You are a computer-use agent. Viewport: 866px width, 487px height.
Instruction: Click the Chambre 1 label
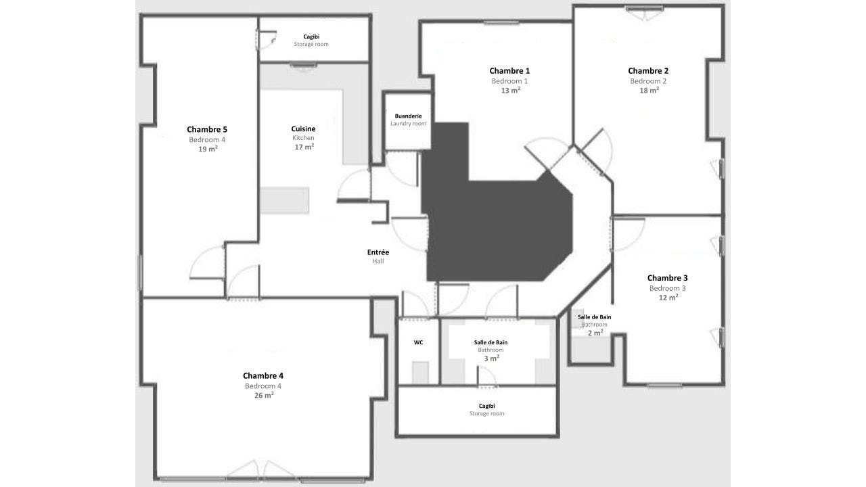coord(509,71)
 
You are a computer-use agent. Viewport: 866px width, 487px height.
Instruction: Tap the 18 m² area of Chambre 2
coord(648,91)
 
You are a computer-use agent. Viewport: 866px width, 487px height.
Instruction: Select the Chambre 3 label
coord(667,278)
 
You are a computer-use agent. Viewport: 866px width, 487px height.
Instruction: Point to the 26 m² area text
coord(263,396)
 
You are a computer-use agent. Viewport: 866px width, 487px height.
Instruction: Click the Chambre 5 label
coord(207,129)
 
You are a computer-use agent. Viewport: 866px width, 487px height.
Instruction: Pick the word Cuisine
coord(303,129)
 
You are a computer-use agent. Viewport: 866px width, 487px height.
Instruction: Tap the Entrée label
coord(378,252)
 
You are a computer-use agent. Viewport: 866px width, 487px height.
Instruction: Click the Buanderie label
coord(408,116)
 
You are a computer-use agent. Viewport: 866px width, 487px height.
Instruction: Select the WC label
coord(419,343)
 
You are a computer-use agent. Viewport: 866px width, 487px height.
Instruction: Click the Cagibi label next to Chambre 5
coord(311,36)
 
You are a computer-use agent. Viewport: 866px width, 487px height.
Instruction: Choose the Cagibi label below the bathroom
coord(486,406)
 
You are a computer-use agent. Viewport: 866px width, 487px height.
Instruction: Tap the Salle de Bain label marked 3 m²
coord(491,342)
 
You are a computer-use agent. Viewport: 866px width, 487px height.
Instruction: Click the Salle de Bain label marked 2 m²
coord(594,317)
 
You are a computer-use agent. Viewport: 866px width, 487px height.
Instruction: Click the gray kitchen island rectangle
coord(284,201)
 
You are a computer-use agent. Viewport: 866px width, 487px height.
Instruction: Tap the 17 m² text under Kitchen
coord(304,147)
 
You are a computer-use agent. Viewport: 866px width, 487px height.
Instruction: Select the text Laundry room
coord(408,124)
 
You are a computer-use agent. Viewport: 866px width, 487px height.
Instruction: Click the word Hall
coord(378,261)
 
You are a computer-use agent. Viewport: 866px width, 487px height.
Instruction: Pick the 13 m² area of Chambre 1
coord(509,91)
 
